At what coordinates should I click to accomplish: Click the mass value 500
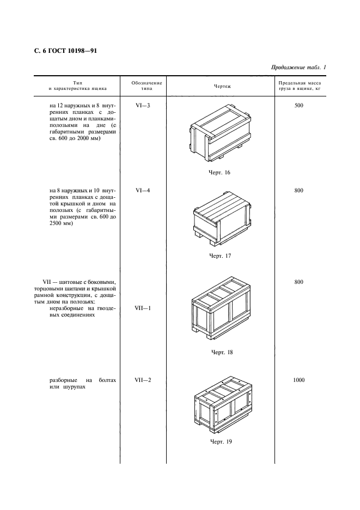point(298,105)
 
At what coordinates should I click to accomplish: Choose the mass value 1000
point(298,380)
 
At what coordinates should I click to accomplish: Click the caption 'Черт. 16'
point(220,173)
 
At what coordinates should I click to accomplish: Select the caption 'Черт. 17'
point(220,256)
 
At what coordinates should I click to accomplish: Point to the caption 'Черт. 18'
point(222,352)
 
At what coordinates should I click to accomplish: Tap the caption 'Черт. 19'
point(221,441)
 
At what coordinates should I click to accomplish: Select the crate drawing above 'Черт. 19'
point(222,404)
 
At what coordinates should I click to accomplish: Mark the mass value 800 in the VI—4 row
point(298,190)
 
